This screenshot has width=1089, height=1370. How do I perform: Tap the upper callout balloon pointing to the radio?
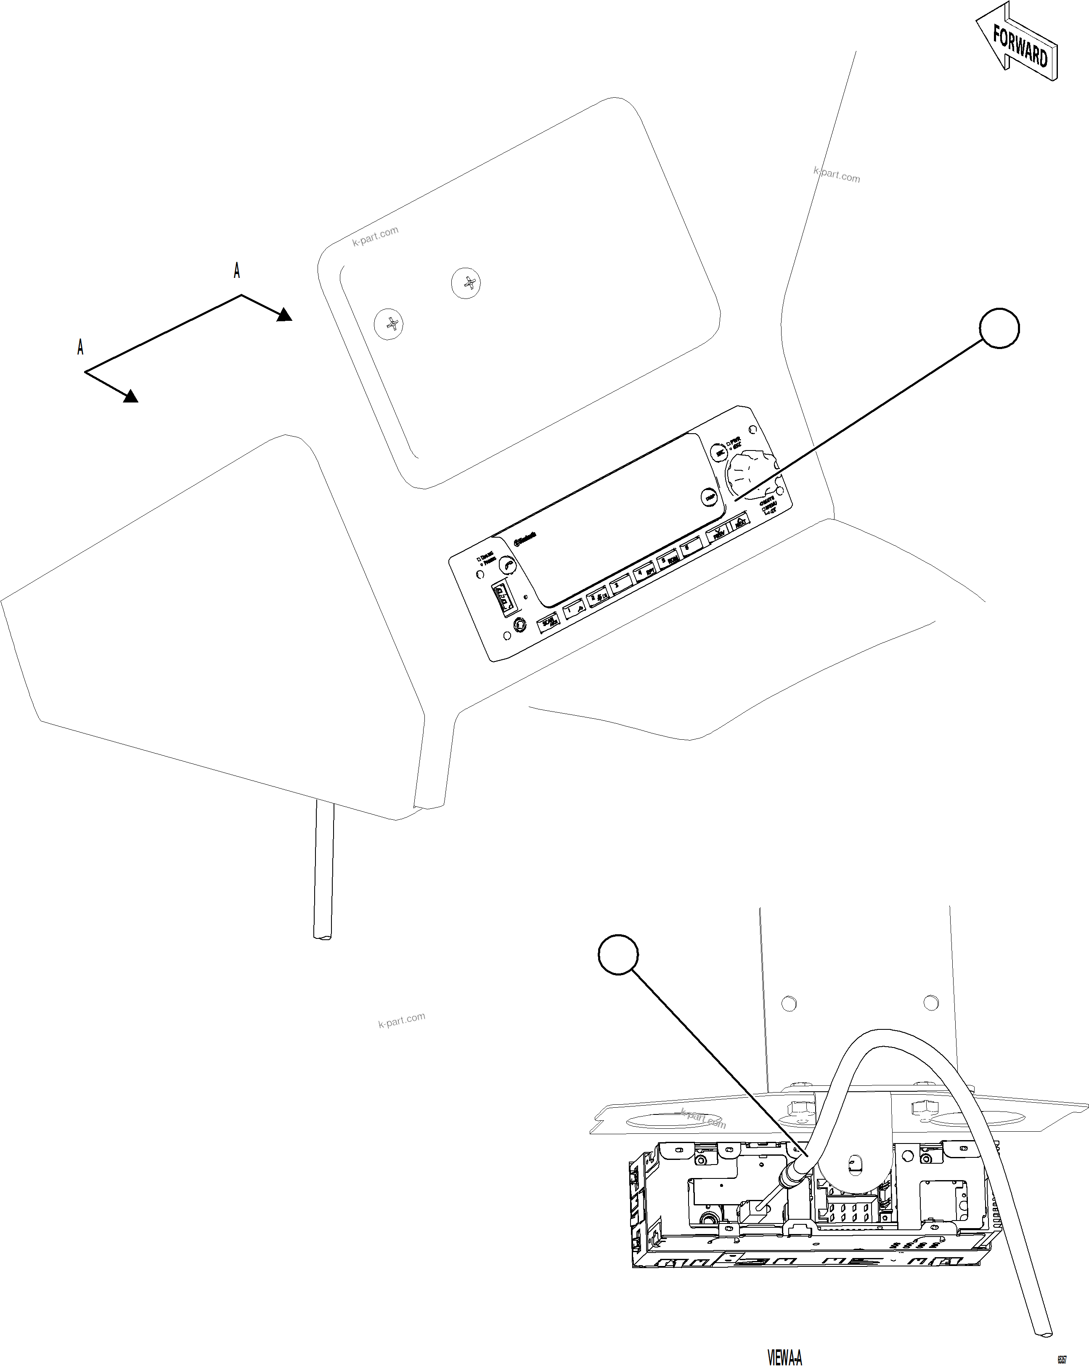coord(999,328)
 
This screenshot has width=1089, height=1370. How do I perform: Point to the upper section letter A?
coord(237,271)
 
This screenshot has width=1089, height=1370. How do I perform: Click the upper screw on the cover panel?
coord(466,283)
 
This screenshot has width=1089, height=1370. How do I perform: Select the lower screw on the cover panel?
coord(389,324)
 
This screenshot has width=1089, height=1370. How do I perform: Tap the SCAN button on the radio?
coord(548,623)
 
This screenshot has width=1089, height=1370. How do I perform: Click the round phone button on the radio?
coord(507,564)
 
